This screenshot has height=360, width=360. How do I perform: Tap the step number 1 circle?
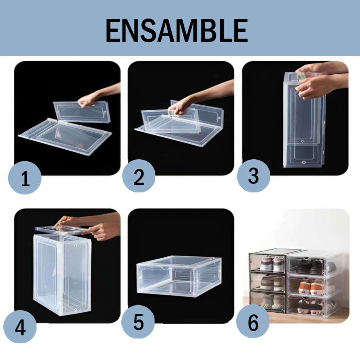click(25, 178)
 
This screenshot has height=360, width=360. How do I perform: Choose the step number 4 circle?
click(20, 327)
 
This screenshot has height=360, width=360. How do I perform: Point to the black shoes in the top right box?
click(309, 266)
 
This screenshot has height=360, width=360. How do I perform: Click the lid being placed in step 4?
click(63, 230)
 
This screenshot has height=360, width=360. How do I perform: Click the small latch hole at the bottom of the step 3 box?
click(304, 162)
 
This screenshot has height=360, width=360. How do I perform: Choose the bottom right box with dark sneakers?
click(313, 307)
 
